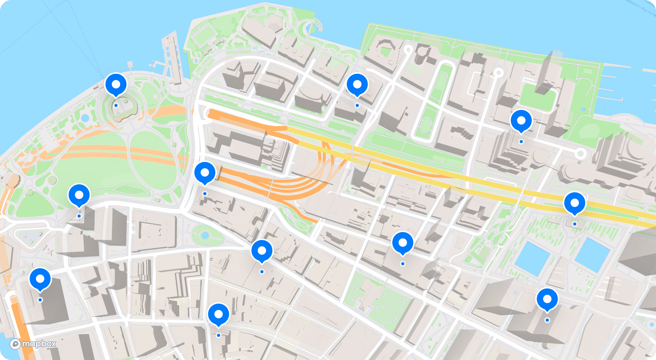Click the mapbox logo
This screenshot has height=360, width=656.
click(x=33, y=344)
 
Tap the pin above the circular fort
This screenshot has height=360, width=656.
click(x=116, y=84)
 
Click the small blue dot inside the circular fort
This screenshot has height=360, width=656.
click(x=116, y=106)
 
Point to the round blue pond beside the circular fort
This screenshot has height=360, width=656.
click(x=85, y=118)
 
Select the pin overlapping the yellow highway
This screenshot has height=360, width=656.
click(x=574, y=203)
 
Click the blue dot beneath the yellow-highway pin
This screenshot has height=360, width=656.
click(x=574, y=224)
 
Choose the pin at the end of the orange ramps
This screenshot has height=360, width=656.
click(x=205, y=173)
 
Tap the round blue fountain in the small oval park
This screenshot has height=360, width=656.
click(x=205, y=236)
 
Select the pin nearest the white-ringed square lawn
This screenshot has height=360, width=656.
click(x=521, y=120)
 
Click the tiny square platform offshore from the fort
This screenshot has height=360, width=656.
click(x=130, y=64)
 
